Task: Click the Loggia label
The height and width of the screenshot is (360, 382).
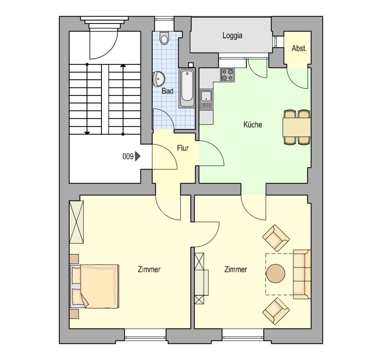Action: [x=232, y=36]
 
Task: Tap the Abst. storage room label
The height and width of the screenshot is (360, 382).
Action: [x=299, y=48]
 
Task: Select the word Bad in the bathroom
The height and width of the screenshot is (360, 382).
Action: [x=168, y=91]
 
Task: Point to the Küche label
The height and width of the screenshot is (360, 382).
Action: [x=253, y=124]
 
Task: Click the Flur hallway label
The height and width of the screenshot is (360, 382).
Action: [x=183, y=148]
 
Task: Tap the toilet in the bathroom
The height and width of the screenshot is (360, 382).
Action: [x=164, y=38]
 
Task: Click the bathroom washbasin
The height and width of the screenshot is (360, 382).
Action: [x=158, y=79]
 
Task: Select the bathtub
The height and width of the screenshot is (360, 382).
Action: [x=187, y=88]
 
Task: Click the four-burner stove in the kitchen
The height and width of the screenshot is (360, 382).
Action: [x=228, y=75]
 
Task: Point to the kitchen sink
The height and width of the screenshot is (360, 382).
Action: [x=206, y=99]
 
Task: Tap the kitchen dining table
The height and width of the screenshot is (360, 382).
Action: [x=297, y=127]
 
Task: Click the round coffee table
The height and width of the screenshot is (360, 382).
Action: [x=275, y=273]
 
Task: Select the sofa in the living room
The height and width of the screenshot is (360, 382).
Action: [x=302, y=274]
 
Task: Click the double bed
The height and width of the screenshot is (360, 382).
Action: [x=95, y=286]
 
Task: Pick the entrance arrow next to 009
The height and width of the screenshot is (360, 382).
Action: [x=138, y=156]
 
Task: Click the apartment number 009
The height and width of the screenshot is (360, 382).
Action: [x=128, y=157]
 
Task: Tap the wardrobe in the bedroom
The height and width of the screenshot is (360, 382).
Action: [x=76, y=222]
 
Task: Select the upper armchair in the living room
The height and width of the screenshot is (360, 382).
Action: [x=276, y=238]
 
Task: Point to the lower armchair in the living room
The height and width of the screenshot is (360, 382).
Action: [x=276, y=311]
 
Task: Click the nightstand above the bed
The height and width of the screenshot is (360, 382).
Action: [x=74, y=259]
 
